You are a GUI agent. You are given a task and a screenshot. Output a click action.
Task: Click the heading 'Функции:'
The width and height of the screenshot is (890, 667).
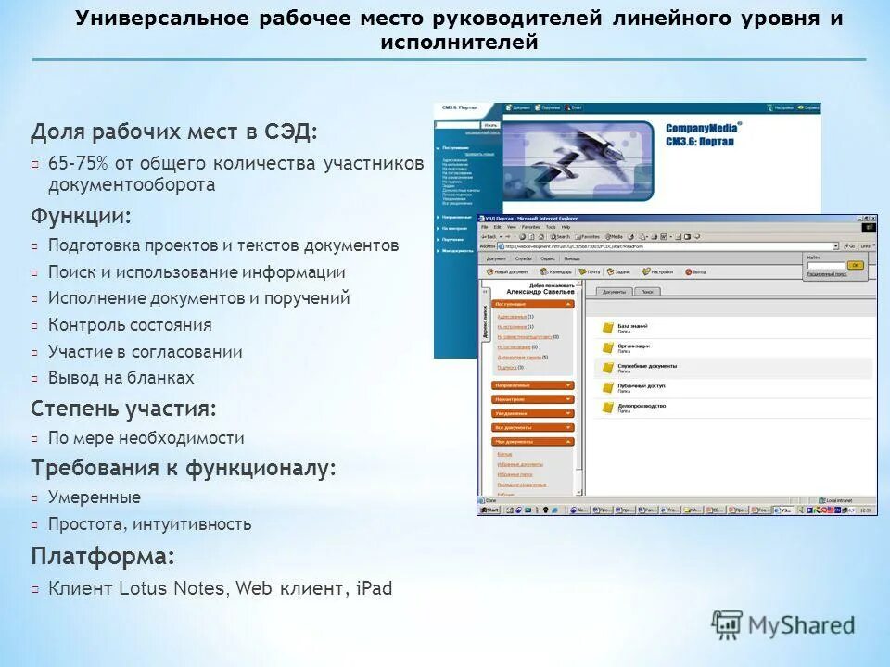[x=82, y=217]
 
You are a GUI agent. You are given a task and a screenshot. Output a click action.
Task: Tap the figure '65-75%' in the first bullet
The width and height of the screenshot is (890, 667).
[x=78, y=164]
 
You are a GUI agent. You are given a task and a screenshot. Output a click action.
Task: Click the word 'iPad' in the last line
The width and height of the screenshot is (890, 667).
[x=374, y=588]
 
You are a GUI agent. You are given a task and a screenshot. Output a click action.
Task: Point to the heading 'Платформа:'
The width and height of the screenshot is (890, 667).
[x=103, y=557]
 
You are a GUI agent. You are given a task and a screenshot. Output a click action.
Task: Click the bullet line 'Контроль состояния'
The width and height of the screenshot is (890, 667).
[x=130, y=325]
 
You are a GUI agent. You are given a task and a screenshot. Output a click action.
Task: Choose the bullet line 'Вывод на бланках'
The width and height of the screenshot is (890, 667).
[x=121, y=378]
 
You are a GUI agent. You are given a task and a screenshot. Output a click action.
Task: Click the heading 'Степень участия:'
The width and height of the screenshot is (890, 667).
[x=124, y=409]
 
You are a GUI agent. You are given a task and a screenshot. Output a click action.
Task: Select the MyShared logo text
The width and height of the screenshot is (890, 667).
[x=801, y=626]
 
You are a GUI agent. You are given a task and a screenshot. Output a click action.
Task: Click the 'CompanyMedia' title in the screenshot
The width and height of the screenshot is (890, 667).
[x=703, y=129]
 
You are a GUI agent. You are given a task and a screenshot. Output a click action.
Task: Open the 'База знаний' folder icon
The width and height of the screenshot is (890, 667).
[x=608, y=327]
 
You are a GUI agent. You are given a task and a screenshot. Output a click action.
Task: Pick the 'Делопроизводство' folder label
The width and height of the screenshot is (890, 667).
[x=642, y=405]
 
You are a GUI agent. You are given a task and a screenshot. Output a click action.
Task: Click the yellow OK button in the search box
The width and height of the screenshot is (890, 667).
[x=855, y=265]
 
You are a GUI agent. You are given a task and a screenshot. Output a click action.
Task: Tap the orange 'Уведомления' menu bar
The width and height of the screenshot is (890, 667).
[x=532, y=413]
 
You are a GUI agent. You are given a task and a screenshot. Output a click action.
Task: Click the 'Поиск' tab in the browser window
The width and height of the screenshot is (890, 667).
[x=647, y=292]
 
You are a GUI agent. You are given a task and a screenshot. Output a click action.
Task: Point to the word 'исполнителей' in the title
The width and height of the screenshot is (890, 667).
[x=459, y=43]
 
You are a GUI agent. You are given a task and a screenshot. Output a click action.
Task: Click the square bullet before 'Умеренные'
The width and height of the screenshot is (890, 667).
[x=34, y=498]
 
